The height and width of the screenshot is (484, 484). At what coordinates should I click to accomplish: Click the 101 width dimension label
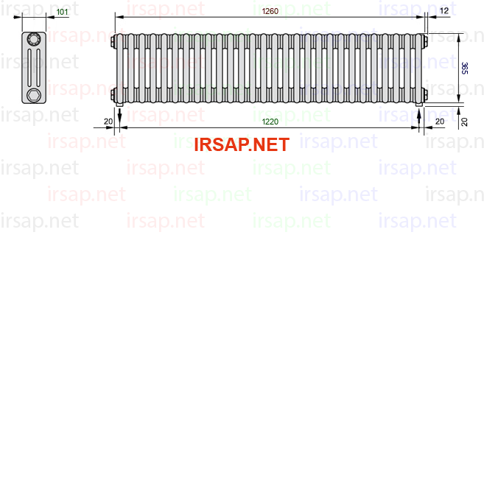click(x=62, y=12)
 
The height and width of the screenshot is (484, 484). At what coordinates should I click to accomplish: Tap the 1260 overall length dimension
click(x=270, y=11)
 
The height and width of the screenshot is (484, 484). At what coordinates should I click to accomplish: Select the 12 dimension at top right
click(x=444, y=11)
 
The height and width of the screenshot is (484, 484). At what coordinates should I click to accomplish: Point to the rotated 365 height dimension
click(x=464, y=69)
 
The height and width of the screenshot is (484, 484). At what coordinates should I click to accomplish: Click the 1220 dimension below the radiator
click(x=270, y=122)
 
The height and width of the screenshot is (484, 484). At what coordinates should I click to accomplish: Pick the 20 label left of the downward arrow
click(x=108, y=122)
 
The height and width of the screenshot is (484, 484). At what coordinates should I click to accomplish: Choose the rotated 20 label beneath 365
click(x=464, y=122)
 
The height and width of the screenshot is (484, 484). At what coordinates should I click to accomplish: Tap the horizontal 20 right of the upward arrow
click(x=440, y=122)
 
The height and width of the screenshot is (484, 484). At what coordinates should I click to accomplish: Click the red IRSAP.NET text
click(x=242, y=144)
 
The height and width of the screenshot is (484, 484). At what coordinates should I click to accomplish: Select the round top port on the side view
click(x=34, y=39)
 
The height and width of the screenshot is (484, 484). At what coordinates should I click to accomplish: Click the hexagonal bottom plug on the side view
click(x=34, y=95)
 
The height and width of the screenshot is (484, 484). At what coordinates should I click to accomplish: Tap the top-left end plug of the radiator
click(x=113, y=42)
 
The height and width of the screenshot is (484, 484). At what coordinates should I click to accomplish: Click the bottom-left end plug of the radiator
click(x=113, y=94)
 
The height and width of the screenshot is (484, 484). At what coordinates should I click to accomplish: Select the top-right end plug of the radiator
click(x=426, y=42)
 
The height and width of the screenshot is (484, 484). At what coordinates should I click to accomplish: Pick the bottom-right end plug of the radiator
click(x=426, y=94)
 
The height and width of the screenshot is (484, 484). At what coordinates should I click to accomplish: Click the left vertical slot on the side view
click(x=29, y=67)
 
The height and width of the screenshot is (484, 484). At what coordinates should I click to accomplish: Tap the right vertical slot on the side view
click(x=38, y=67)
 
